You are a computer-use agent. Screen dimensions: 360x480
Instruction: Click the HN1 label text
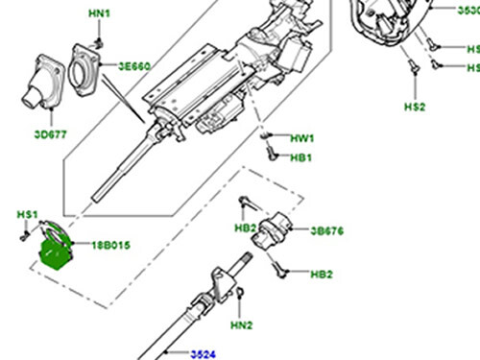click(x=100, y=14)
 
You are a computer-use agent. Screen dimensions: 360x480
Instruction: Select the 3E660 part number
click(x=135, y=68)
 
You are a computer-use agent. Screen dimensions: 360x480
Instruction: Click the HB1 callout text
click(x=300, y=156)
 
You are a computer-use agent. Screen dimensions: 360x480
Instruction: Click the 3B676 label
click(x=327, y=230)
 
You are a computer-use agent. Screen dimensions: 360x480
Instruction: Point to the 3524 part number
click(x=202, y=354)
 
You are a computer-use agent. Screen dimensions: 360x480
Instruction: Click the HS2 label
click(x=415, y=108)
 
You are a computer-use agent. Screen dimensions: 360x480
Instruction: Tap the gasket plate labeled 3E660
click(x=89, y=72)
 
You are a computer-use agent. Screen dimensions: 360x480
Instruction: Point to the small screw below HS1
click(x=23, y=232)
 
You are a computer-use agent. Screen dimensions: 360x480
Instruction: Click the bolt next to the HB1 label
click(x=273, y=156)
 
